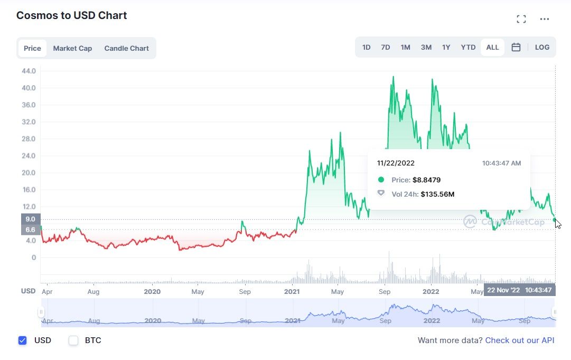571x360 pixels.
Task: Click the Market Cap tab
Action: [x=72, y=48]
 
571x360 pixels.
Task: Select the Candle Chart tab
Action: [x=126, y=48]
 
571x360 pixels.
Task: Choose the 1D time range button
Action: [x=366, y=47]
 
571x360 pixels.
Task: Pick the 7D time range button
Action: [x=386, y=47]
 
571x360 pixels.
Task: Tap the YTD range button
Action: [x=468, y=47]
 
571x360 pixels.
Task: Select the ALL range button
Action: [x=492, y=47]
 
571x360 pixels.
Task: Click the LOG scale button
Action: [x=542, y=47]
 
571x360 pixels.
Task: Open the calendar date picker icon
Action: [x=516, y=47]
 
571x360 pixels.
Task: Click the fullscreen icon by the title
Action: [x=521, y=20]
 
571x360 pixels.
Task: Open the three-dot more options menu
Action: [x=545, y=20]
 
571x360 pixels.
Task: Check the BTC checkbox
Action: [x=73, y=340]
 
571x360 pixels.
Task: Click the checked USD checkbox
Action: [x=22, y=340]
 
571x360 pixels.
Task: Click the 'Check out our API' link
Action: [x=520, y=340]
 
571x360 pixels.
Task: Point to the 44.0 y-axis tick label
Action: [x=29, y=71]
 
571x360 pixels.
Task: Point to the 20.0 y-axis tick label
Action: [x=29, y=173]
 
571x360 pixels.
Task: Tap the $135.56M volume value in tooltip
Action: [x=437, y=194]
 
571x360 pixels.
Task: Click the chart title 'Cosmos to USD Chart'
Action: [x=72, y=15]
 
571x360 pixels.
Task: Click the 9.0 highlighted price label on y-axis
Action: [x=30, y=219]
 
